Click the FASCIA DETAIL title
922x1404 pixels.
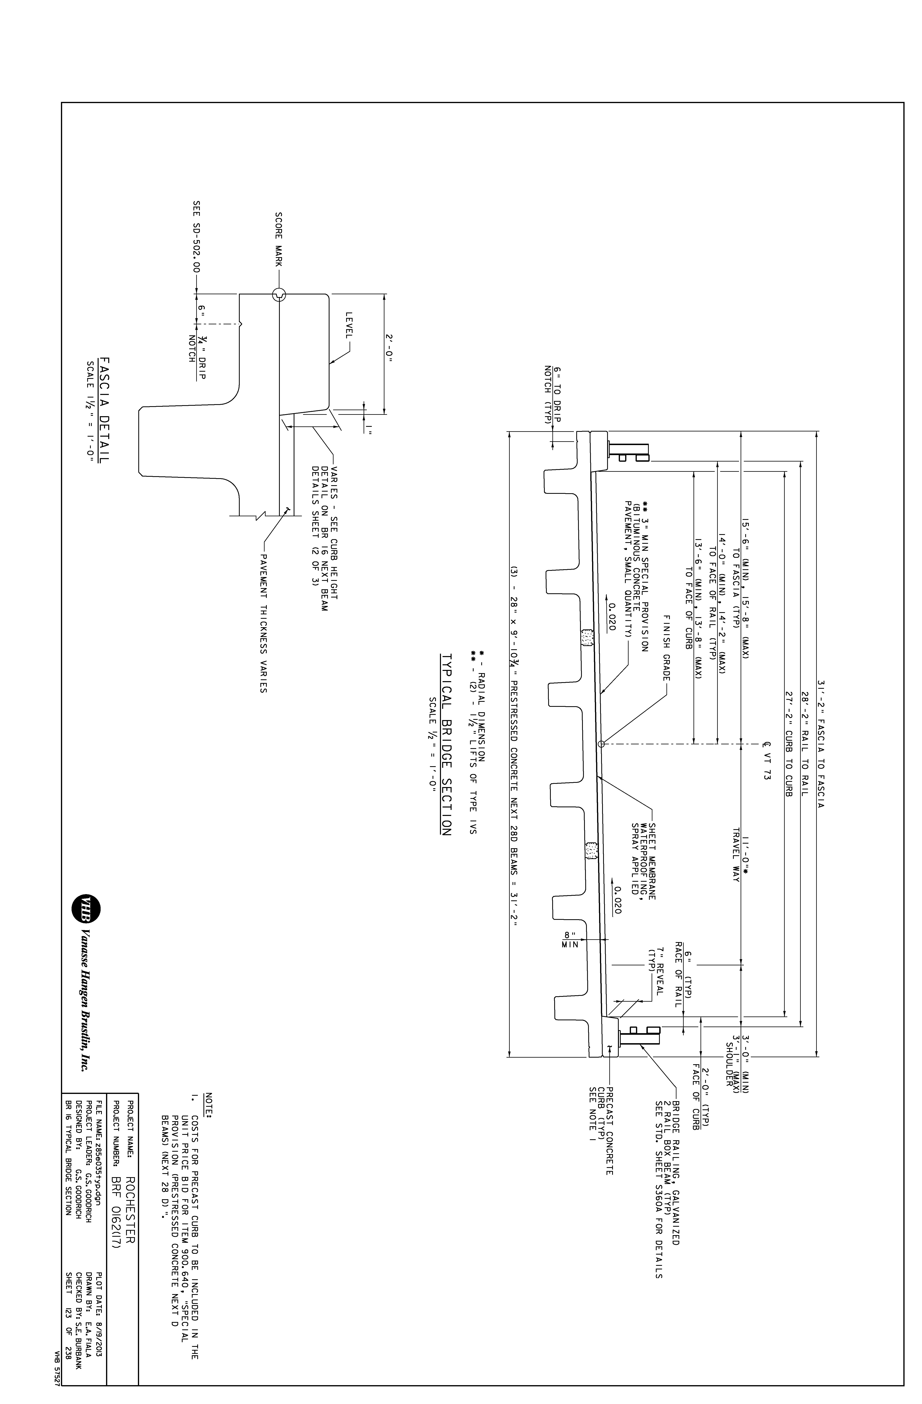tap(105, 410)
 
